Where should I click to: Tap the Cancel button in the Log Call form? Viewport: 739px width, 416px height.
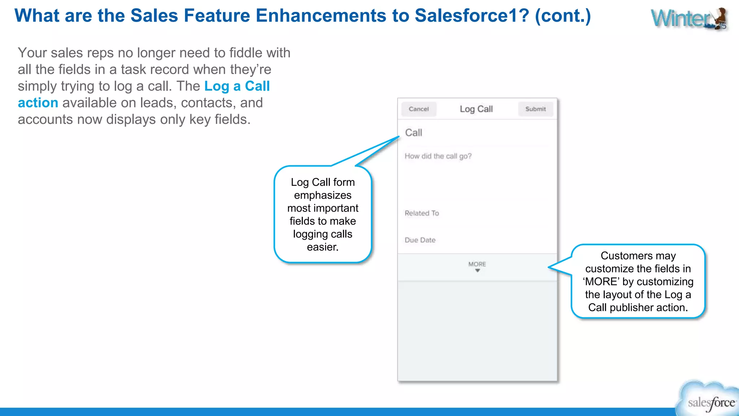pyautogui.click(x=419, y=109)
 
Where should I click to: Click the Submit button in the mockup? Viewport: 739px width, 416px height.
pyautogui.click(x=535, y=109)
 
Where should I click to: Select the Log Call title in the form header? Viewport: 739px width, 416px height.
pyautogui.click(x=476, y=109)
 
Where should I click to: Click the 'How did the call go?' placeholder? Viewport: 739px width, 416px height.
pyautogui.click(x=438, y=156)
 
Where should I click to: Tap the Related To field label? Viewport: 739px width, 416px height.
pyautogui.click(x=421, y=213)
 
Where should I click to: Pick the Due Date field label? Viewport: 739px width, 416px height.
pyautogui.click(x=420, y=240)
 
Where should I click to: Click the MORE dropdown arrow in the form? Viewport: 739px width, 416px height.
pyautogui.click(x=477, y=270)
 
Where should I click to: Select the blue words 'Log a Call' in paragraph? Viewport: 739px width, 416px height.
pyautogui.click(x=237, y=86)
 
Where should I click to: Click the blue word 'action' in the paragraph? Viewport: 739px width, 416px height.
pyautogui.click(x=38, y=103)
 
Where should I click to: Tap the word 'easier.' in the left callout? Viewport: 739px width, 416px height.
pyautogui.click(x=323, y=247)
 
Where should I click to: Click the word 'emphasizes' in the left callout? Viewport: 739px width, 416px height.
pyautogui.click(x=323, y=195)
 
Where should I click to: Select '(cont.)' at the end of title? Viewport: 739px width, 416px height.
pyautogui.click(x=563, y=16)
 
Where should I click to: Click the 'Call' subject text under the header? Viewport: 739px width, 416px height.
pyautogui.click(x=414, y=133)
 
